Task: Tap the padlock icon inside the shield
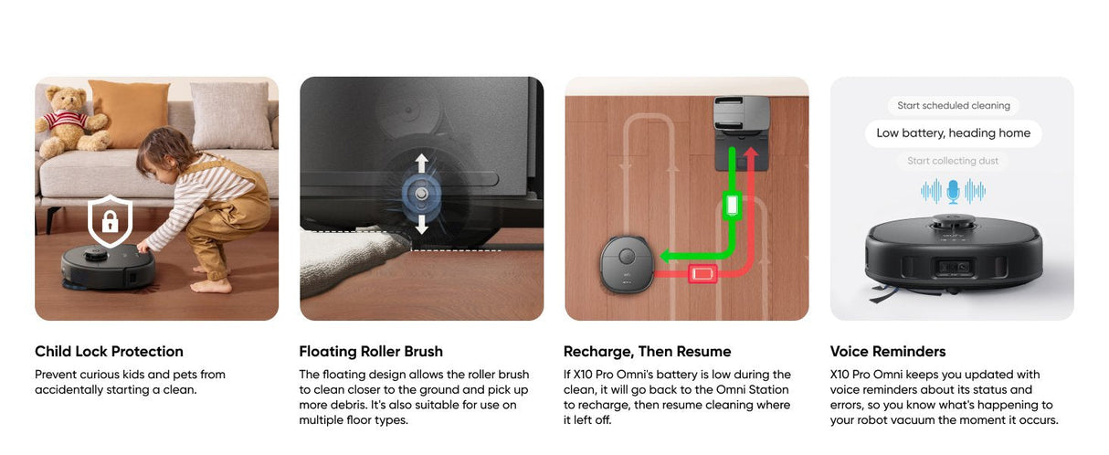click(x=110, y=221)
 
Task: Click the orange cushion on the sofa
click(x=129, y=113)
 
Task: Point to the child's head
click(x=157, y=152)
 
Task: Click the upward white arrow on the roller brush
click(x=421, y=163)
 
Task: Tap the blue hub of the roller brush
click(x=421, y=194)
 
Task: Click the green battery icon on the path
click(x=732, y=204)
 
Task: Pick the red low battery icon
click(x=702, y=274)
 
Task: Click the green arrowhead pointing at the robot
click(x=666, y=256)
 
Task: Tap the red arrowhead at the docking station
click(x=751, y=152)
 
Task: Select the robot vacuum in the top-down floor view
click(x=627, y=264)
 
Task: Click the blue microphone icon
click(x=953, y=192)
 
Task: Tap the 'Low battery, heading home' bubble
click(x=954, y=133)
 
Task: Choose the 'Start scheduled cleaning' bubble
click(x=954, y=105)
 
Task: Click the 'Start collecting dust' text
click(x=953, y=161)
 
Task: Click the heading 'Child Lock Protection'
click(x=109, y=352)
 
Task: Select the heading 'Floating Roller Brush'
click(x=371, y=352)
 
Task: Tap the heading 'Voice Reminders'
click(x=888, y=352)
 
